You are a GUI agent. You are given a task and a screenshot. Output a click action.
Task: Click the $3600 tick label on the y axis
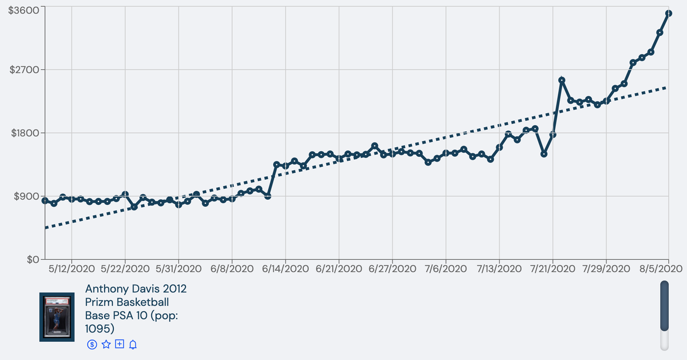[23, 10]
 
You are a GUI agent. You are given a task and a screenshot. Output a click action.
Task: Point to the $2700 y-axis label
[25, 70]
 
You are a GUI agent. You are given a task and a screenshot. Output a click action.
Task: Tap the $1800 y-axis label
[25, 133]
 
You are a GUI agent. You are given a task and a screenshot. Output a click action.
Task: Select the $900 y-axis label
[27, 196]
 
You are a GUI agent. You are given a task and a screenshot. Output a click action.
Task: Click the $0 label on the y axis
[33, 260]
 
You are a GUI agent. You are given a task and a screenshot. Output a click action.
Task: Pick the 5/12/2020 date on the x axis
[72, 269]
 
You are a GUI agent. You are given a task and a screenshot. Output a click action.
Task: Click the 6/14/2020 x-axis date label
[285, 269]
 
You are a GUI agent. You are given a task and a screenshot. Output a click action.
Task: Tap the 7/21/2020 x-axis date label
[552, 269]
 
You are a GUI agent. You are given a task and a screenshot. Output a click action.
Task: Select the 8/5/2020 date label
[661, 269]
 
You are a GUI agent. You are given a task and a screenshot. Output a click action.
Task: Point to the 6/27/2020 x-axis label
[392, 269]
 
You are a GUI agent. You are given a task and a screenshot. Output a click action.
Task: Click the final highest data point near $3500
[669, 13]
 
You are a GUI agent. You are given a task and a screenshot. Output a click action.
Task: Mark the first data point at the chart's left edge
[45, 200]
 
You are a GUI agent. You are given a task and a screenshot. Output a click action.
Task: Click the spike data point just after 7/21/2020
[562, 80]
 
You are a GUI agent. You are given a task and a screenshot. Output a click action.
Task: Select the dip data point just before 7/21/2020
[544, 154]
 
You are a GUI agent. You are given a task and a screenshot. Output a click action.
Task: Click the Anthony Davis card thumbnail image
[57, 317]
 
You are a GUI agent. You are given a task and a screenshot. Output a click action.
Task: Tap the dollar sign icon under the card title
[92, 345]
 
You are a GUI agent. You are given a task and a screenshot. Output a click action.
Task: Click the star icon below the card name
[106, 345]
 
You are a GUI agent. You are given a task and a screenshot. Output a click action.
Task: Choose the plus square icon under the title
[120, 344]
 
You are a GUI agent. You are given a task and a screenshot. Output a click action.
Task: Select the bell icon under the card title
[133, 345]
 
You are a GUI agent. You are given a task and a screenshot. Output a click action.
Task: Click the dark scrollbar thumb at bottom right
[664, 306]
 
